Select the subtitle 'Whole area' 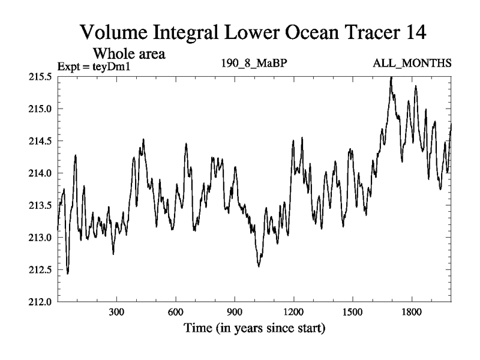click(x=128, y=54)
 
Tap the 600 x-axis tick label click(x=175, y=313)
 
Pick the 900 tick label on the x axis click(x=234, y=313)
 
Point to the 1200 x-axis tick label click(x=293, y=313)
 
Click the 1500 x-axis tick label click(x=352, y=313)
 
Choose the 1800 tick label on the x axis click(x=412, y=313)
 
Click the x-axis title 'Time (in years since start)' click(x=254, y=329)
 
